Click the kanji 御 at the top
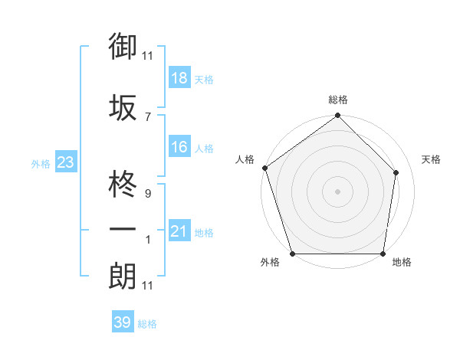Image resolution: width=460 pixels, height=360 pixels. tap(122, 47)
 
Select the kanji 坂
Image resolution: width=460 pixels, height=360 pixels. tap(122, 108)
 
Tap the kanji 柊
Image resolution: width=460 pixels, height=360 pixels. tap(122, 185)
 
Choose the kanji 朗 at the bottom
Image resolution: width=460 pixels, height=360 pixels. tap(122, 277)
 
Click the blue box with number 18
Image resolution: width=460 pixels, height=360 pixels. tap(179, 78)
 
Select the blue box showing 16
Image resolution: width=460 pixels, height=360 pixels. tap(179, 147)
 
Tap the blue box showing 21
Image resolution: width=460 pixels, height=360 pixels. tap(179, 231)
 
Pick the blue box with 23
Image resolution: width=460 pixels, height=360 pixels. tap(65, 162)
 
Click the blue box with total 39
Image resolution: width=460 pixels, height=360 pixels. tap(122, 322)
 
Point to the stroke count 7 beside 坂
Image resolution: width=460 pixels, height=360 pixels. tap(147, 116)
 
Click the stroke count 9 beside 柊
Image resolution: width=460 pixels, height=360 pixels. tap(147, 194)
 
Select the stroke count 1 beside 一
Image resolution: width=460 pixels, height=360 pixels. tap(147, 240)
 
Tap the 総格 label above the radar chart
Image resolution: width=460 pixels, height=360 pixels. tap(338, 100)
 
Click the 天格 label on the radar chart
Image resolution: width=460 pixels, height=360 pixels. tap(431, 159)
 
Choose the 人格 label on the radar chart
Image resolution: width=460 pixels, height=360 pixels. tap(245, 159)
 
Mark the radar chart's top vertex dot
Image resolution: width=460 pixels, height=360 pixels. tap(338, 116)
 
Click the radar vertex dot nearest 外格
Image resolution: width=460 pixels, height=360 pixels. tap(292, 254)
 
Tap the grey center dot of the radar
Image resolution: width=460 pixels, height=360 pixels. tap(338, 191)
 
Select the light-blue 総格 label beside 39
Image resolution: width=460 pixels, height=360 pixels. tap(148, 324)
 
